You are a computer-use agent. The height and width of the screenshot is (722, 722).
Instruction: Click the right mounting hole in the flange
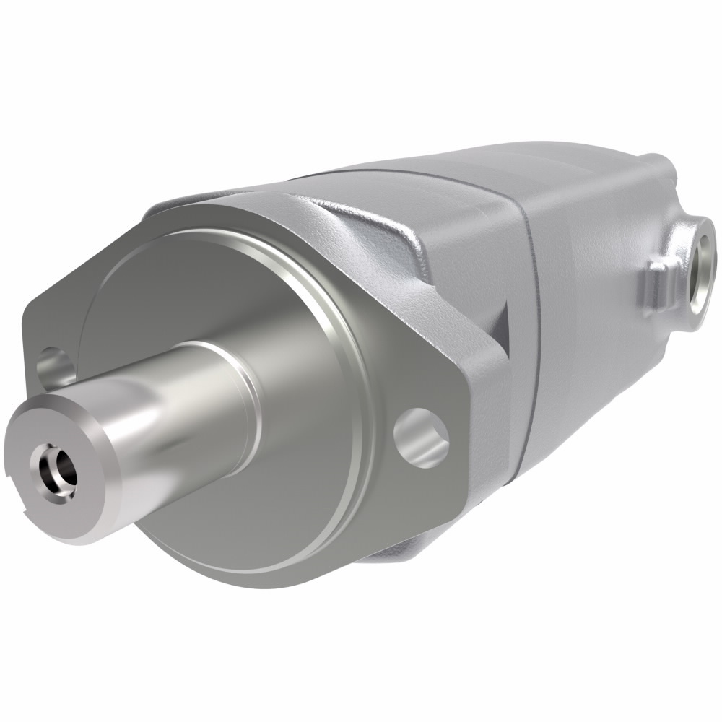pyautogui.click(x=421, y=435)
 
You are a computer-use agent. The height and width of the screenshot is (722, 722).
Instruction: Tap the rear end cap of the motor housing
pyautogui.click(x=606, y=325)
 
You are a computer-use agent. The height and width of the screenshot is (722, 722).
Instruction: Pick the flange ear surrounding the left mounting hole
pyautogui.click(x=40, y=339)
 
